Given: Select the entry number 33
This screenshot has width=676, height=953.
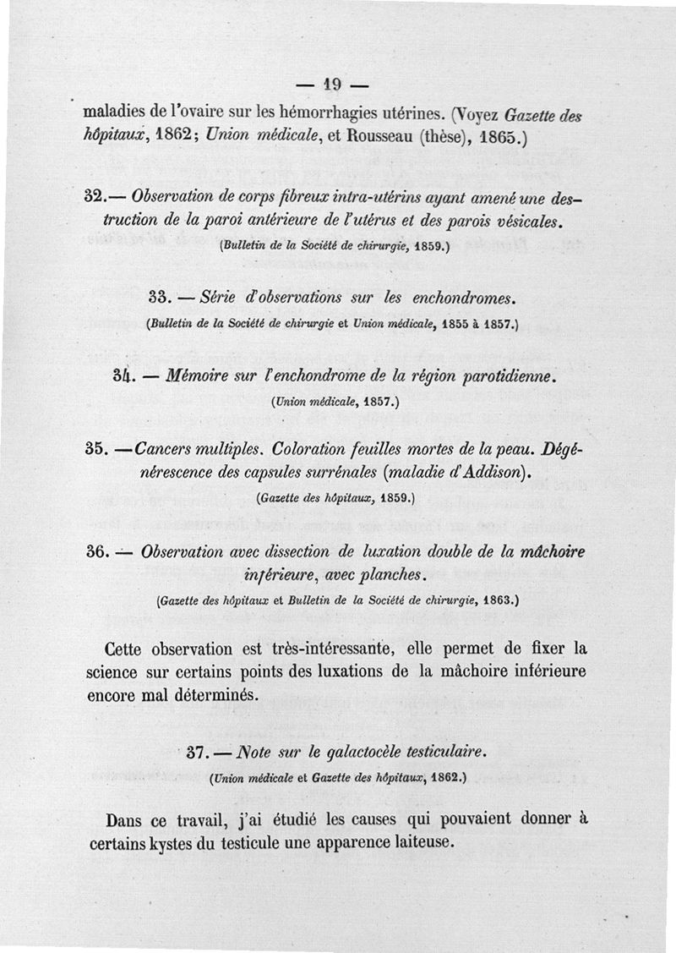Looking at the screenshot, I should click(x=161, y=298).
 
